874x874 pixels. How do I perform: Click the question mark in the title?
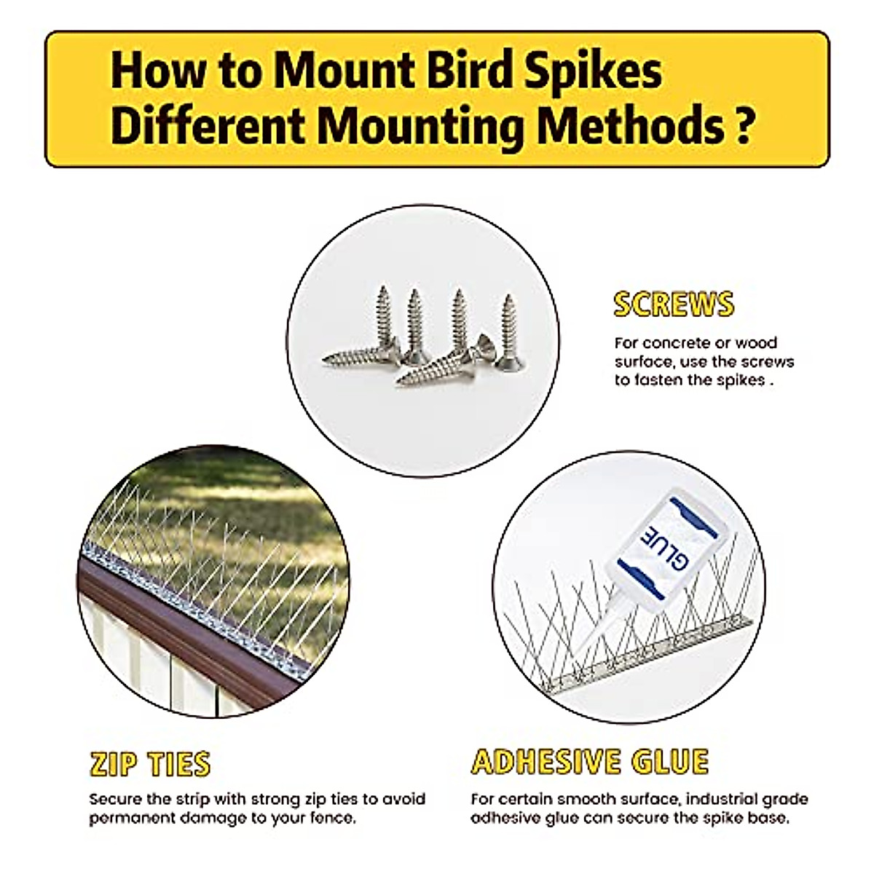(x=739, y=125)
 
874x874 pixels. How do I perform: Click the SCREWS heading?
(x=674, y=304)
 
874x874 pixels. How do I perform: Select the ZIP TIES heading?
(x=150, y=764)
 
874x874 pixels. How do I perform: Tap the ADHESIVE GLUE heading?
(x=590, y=762)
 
